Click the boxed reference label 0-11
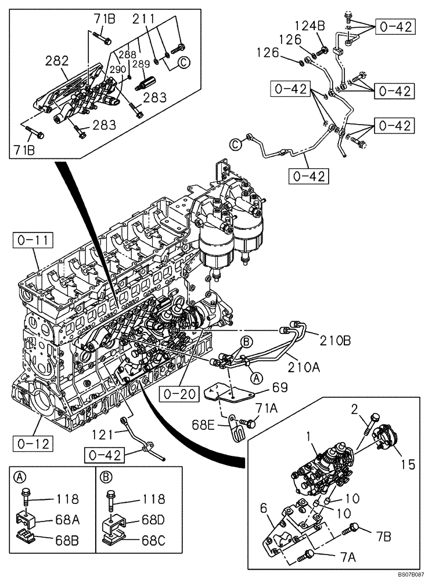point(33,239)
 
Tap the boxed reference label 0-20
point(177,394)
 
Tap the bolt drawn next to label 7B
point(354,529)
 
